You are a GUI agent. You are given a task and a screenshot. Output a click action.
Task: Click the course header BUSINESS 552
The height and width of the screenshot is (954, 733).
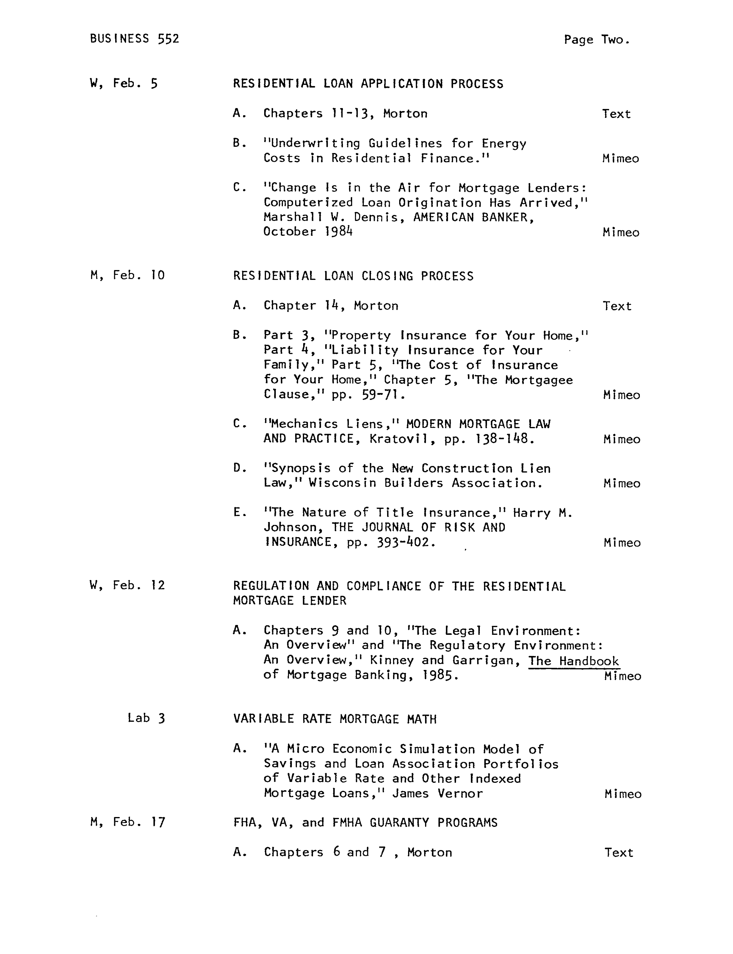[134, 39]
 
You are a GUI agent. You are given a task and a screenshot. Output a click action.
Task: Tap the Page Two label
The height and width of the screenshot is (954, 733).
[596, 40]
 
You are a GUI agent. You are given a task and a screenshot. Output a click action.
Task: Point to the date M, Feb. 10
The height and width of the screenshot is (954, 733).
[127, 275]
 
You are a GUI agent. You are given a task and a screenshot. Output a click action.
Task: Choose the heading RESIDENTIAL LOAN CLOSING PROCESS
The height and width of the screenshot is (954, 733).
[353, 276]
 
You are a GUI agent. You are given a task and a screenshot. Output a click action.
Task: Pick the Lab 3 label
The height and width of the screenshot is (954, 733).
[146, 718]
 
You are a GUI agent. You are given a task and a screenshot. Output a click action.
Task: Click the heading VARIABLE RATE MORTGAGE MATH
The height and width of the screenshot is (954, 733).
[335, 719]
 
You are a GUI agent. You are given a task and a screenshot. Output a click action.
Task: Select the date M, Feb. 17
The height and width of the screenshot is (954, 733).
[127, 822]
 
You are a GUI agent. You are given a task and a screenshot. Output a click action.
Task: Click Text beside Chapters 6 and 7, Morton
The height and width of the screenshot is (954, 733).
[618, 852]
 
